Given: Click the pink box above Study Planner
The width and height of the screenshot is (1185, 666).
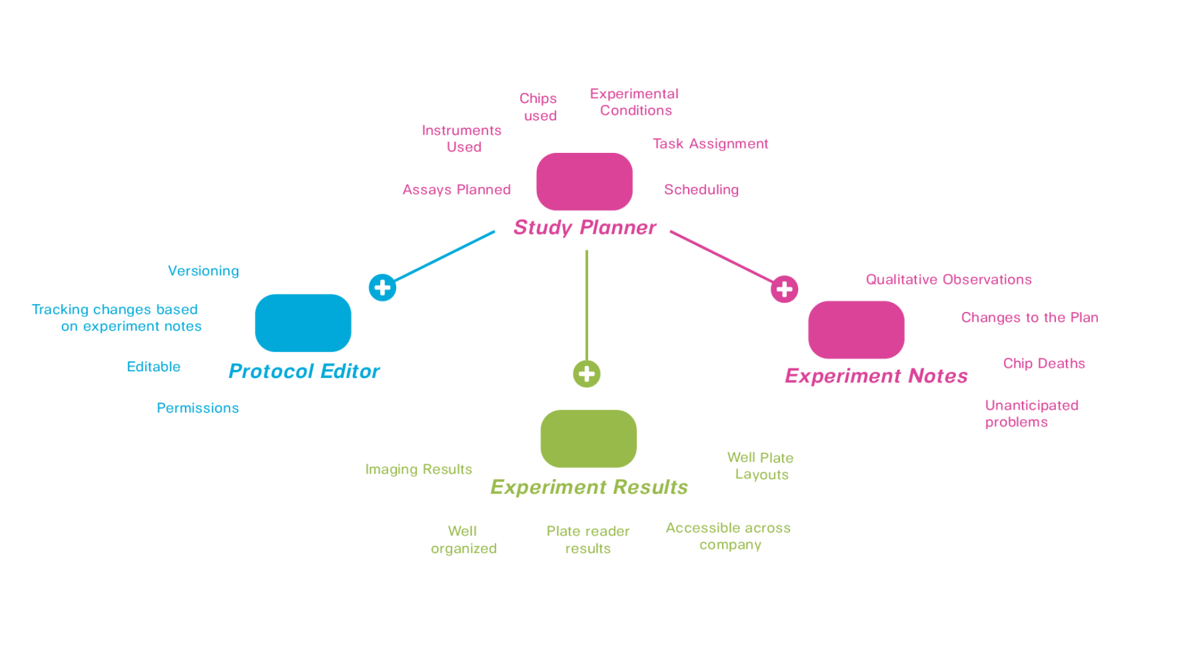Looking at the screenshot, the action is coord(584,181).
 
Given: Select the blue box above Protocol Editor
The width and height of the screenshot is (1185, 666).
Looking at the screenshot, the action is coord(303,323).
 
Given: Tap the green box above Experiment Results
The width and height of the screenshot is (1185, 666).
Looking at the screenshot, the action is coord(588,438).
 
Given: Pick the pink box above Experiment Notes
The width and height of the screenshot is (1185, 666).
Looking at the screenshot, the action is coord(856,329).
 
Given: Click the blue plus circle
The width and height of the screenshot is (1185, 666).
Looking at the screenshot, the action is coord(382,287).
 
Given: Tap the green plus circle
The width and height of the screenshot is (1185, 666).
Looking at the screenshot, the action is coord(586,374).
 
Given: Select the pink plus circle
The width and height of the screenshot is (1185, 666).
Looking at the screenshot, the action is coord(784,289).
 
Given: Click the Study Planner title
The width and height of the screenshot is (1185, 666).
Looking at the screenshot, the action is coord(584,228).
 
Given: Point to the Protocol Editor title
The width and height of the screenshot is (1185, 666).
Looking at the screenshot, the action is coord(304,371).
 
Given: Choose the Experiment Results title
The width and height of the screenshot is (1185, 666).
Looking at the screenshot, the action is coord(589,487).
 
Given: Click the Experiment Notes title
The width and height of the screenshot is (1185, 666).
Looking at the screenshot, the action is coord(876,376).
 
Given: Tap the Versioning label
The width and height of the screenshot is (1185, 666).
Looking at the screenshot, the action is coord(203,271).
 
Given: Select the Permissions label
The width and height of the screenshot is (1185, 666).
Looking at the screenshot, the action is coord(197,408).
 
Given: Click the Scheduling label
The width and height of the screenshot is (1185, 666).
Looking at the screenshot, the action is coord(701,190).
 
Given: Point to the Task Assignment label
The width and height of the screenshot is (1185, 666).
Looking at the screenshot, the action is coord(710,144).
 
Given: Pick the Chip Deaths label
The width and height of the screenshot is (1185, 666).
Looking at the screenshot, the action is coord(1044,364).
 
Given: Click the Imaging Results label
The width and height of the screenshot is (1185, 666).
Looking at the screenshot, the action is coord(418,470).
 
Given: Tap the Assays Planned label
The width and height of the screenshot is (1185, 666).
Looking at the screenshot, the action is coord(457,190).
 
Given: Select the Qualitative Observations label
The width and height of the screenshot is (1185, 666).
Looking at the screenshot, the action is coord(949,280).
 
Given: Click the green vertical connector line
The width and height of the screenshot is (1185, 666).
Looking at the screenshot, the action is coord(586,305).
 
